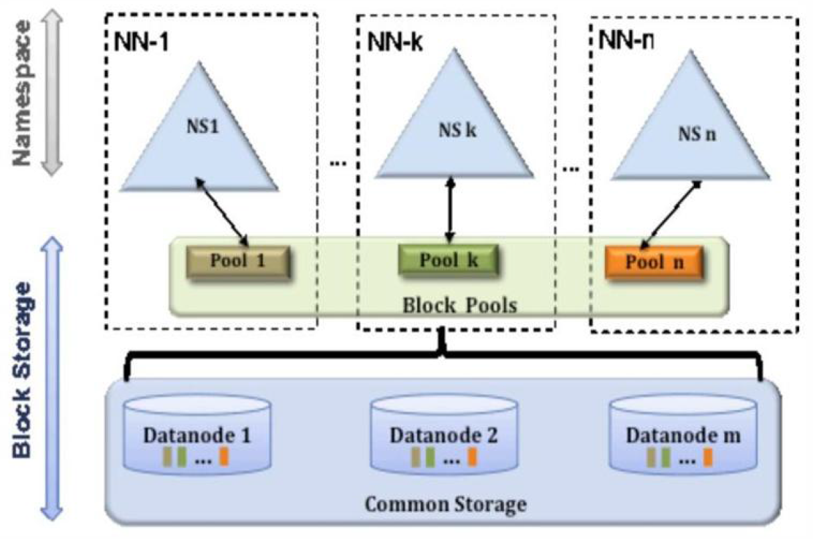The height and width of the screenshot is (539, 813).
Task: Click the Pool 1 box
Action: click(237, 261)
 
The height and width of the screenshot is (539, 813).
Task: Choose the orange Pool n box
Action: click(654, 261)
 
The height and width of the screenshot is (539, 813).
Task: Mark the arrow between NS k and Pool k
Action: click(451, 210)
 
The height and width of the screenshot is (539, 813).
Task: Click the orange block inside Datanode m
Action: click(707, 458)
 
